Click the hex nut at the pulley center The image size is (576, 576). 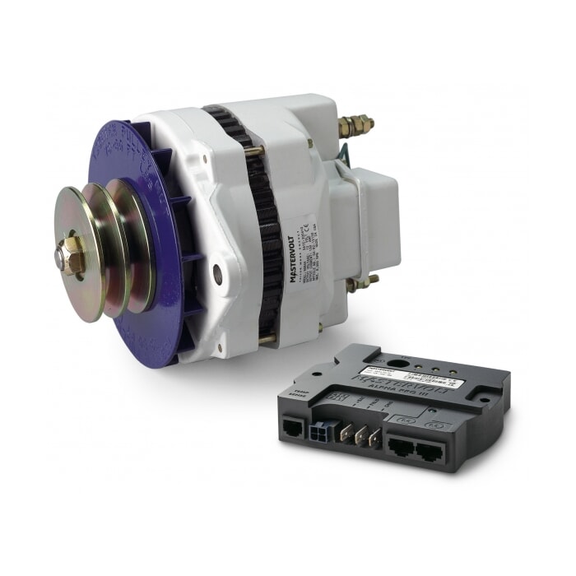[72, 256]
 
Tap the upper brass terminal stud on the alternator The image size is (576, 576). [355, 126]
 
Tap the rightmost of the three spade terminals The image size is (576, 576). [375, 440]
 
